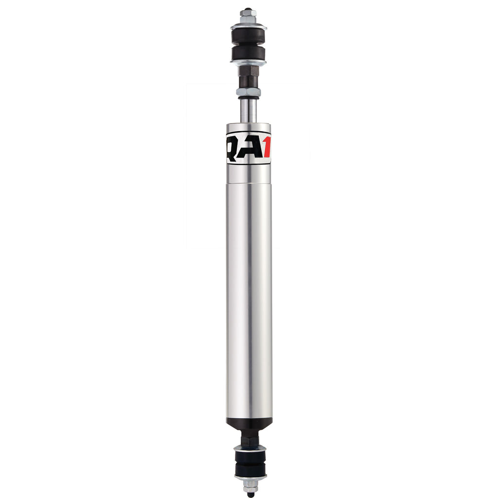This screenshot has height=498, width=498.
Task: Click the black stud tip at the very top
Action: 248,9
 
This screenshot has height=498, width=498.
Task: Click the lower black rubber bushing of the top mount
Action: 249,53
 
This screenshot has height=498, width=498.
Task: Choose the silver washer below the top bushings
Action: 249,63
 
